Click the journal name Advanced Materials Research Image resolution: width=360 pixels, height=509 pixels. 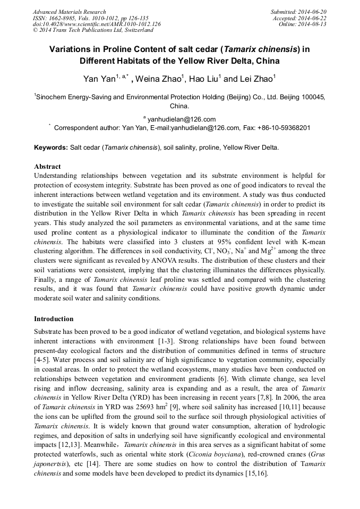[x=69, y=12]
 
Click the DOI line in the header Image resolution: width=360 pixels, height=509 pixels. [x=97, y=24]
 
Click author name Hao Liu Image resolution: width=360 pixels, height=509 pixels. [x=204, y=80]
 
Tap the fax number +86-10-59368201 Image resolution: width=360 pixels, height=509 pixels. [x=283, y=128]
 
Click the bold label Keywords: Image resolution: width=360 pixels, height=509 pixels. [x=51, y=147]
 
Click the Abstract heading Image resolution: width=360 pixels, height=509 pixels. [x=47, y=167]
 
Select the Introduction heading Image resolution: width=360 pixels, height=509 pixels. [x=54, y=319]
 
